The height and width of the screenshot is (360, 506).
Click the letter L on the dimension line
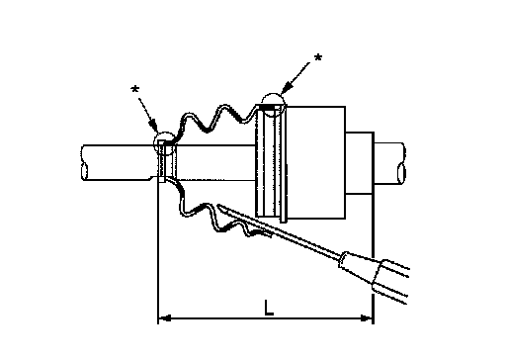pyautogui.click(x=269, y=308)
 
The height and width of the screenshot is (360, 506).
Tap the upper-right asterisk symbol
pyautogui.click(x=318, y=58)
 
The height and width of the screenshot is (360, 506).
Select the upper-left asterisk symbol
pyautogui.click(x=135, y=89)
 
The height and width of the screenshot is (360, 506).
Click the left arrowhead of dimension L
pyautogui.click(x=164, y=318)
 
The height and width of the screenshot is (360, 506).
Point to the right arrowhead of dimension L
pyautogui.click(x=367, y=318)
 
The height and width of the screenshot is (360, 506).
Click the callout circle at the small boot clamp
pyautogui.click(x=155, y=140)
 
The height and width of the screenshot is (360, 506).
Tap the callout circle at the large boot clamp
pyautogui.click(x=263, y=99)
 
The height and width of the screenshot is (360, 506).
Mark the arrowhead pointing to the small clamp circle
pyautogui.click(x=153, y=126)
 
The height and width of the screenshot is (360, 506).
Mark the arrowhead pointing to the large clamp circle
pyautogui.click(x=288, y=86)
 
